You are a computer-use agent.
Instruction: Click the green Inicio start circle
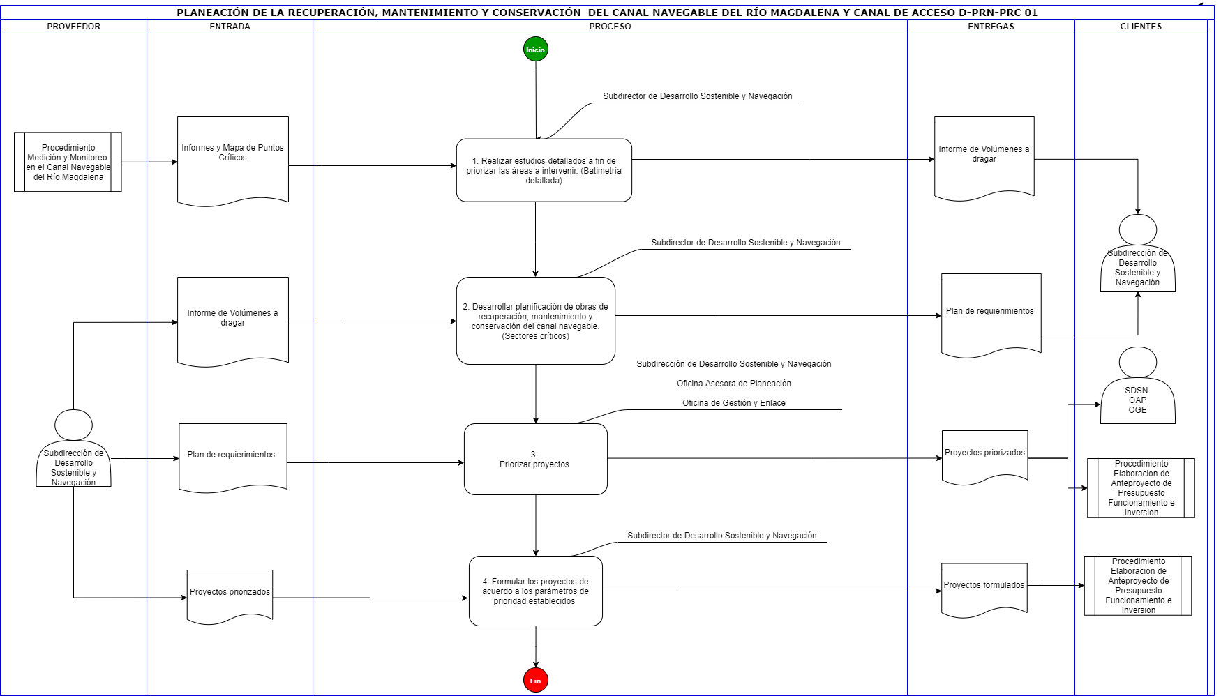pyautogui.click(x=535, y=50)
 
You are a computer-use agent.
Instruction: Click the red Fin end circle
pyautogui.click(x=535, y=681)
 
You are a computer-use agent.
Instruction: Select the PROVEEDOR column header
pyautogui.click(x=74, y=27)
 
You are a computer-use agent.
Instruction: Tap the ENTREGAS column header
pyautogui.click(x=991, y=27)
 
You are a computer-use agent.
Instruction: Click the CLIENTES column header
pyautogui.click(x=1141, y=27)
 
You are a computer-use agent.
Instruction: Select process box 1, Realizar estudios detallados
pyautogui.click(x=544, y=170)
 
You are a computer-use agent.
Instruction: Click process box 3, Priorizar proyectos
pyautogui.click(x=536, y=459)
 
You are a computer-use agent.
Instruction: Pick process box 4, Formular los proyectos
pyautogui.click(x=536, y=591)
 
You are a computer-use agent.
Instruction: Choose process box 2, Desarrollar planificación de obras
pyautogui.click(x=536, y=321)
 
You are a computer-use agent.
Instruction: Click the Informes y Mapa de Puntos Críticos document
pyautogui.click(x=233, y=160)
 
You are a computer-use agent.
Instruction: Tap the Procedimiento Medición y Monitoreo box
pyautogui.click(x=68, y=162)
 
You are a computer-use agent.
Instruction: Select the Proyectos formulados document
pyautogui.click(x=984, y=589)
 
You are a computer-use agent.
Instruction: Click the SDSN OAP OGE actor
pyautogui.click(x=1138, y=385)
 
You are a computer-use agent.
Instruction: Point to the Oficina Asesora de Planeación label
pyautogui.click(x=734, y=384)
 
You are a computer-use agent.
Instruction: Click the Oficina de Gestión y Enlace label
pyautogui.click(x=734, y=403)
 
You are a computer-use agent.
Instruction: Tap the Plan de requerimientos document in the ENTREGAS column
pyautogui.click(x=991, y=315)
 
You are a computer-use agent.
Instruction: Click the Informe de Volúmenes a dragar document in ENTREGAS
pyautogui.click(x=984, y=158)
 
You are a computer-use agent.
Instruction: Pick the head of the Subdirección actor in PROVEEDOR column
pyautogui.click(x=73, y=425)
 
